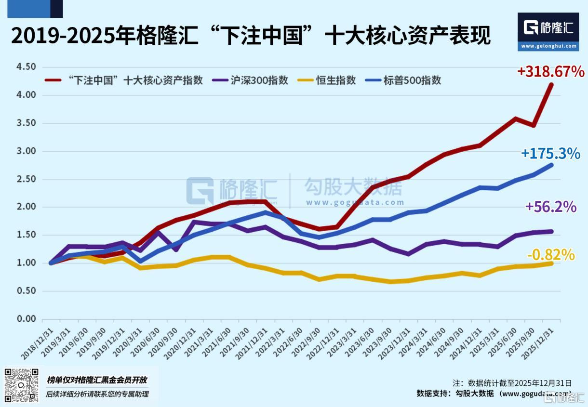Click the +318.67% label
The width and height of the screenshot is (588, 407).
click(x=551, y=72)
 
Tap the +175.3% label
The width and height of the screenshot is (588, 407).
click(x=550, y=154)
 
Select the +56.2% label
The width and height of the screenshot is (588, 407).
click(x=551, y=207)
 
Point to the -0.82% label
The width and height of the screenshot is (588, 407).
click(x=551, y=254)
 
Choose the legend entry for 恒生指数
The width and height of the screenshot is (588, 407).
click(x=326, y=80)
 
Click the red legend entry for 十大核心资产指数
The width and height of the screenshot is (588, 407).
click(x=124, y=80)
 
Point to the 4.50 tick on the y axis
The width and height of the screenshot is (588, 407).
click(x=26, y=67)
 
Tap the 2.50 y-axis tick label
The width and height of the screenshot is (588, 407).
click(x=26, y=179)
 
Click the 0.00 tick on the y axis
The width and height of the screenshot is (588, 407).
click(x=26, y=319)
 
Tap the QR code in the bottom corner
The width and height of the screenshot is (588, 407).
click(x=22, y=385)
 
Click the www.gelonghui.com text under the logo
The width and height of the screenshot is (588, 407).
click(x=548, y=46)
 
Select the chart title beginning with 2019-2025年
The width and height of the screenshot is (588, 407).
click(x=251, y=36)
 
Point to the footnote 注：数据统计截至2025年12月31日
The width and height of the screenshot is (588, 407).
click(x=512, y=383)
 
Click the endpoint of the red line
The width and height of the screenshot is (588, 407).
click(x=551, y=85)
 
